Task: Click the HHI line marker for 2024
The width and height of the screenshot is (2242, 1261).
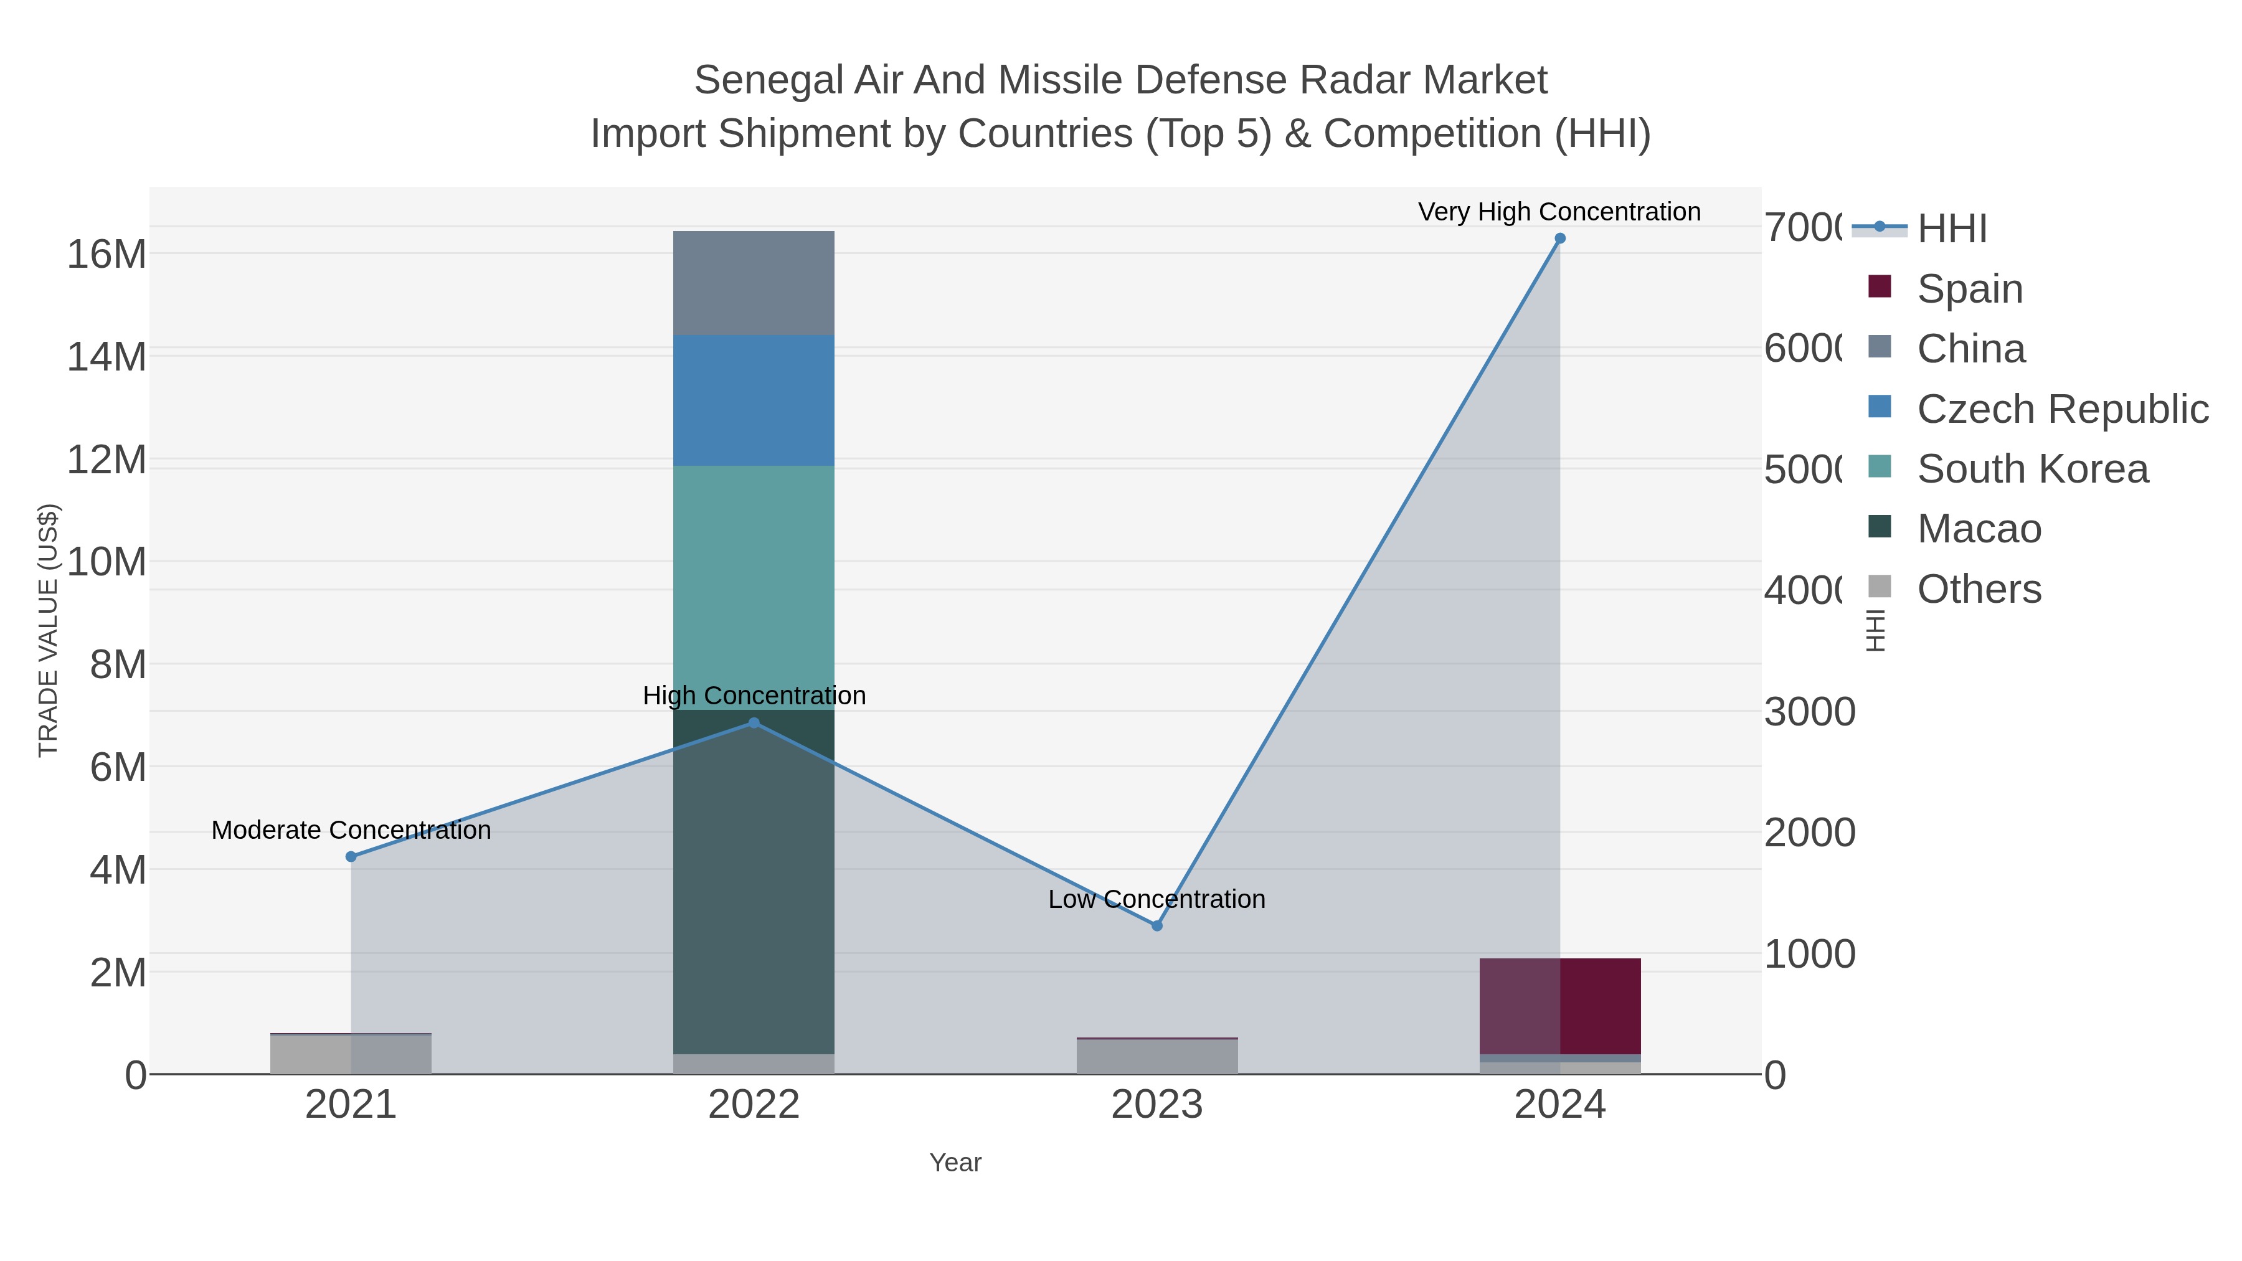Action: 1559,239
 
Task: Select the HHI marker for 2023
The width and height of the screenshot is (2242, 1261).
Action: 1156,926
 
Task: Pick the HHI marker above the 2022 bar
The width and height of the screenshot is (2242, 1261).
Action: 754,723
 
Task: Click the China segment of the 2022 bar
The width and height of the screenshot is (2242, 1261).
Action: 754,283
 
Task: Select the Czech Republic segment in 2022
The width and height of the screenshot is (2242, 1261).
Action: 754,400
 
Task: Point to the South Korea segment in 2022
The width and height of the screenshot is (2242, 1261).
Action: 754,587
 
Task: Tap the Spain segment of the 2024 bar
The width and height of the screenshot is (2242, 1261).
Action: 1559,1006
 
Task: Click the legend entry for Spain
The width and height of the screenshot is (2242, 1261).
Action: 1970,289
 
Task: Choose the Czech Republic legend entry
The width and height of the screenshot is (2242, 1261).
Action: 2061,409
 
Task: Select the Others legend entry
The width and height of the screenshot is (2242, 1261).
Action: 1979,589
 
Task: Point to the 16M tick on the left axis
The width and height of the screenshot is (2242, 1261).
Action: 106,255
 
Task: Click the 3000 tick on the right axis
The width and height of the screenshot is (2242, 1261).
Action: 1809,712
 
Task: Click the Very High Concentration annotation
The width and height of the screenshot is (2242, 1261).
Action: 1559,212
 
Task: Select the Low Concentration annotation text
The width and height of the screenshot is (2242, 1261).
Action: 1156,899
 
